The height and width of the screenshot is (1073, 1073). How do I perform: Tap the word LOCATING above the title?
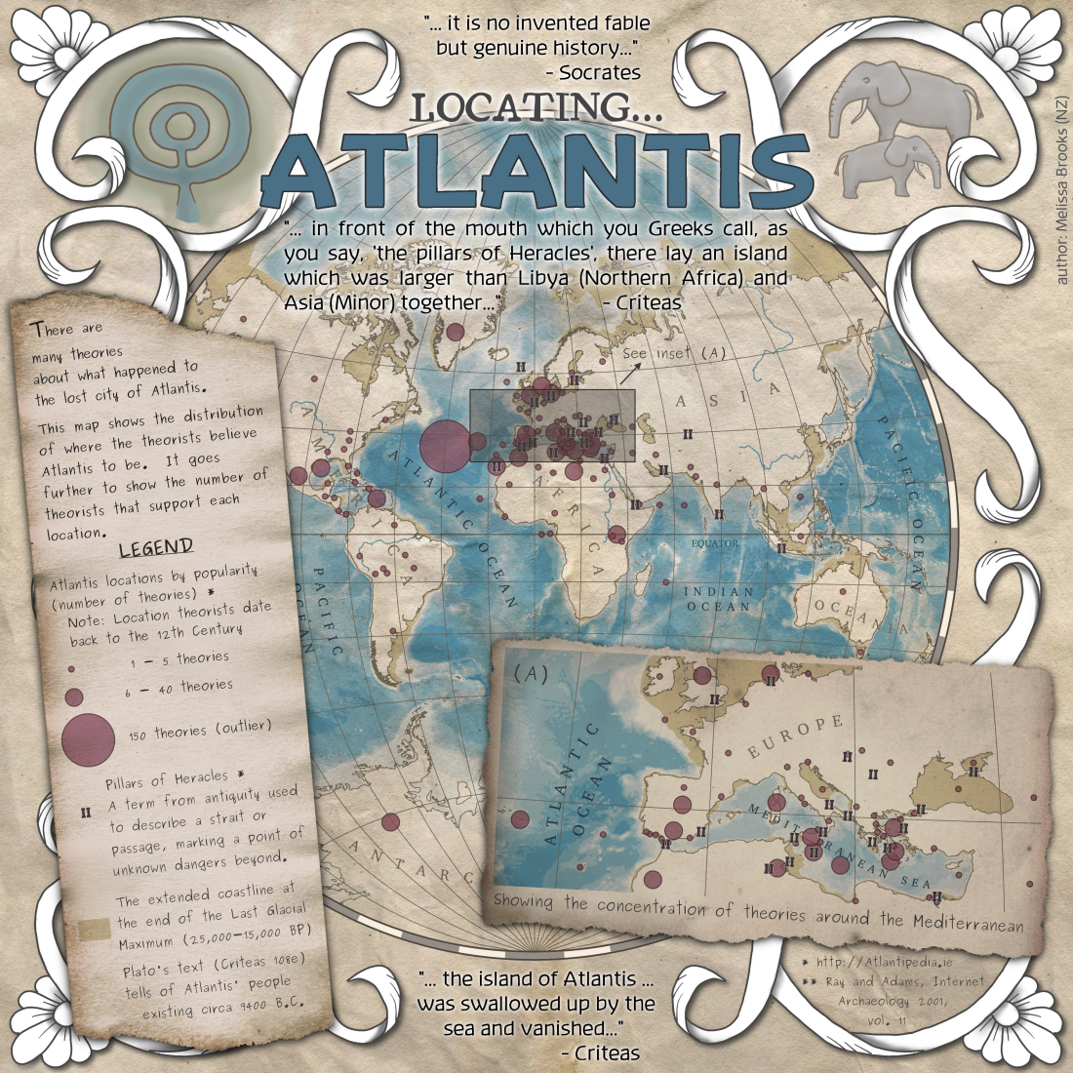(537, 106)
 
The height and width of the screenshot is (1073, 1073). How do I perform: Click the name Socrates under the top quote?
(600, 72)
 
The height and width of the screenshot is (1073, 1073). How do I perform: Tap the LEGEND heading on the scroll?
(156, 548)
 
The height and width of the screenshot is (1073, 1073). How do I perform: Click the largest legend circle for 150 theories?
(88, 738)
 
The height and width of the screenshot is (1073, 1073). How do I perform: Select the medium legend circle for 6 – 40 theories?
(74, 696)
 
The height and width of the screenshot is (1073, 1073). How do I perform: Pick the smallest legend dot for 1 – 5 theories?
(71, 670)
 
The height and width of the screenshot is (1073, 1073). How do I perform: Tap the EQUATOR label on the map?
(715, 543)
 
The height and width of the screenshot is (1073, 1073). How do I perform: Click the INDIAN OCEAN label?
(718, 599)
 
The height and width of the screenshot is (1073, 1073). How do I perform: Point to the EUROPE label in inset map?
(794, 736)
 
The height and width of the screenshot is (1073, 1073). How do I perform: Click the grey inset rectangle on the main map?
(553, 425)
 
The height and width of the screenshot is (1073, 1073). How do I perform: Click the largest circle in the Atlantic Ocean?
(445, 444)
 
